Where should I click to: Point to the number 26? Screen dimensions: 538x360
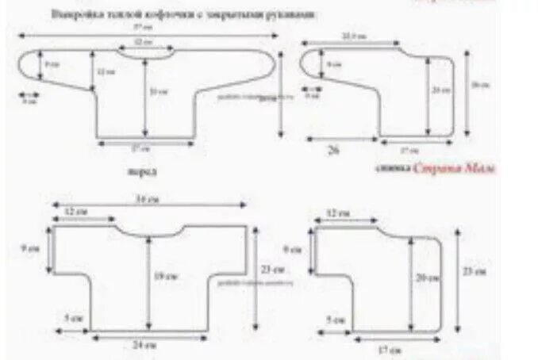click(x=332, y=149)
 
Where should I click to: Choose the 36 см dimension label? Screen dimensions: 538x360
click(x=145, y=199)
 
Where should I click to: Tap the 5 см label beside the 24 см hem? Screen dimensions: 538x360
click(x=71, y=318)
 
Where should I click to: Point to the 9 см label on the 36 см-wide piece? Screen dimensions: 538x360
click(x=33, y=248)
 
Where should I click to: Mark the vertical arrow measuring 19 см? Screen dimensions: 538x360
click(x=148, y=278)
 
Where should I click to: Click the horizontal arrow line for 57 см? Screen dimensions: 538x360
click(x=147, y=34)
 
